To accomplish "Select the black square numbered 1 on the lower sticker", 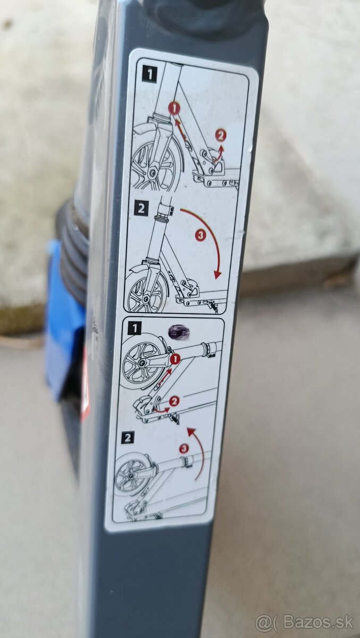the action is (x=135, y=329).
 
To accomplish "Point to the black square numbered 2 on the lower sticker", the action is (x=128, y=438).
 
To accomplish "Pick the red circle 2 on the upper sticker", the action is (x=220, y=135).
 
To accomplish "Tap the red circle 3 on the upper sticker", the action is (x=200, y=236).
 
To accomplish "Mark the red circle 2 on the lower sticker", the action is (x=174, y=401).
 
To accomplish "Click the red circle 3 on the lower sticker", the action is (x=184, y=449).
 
